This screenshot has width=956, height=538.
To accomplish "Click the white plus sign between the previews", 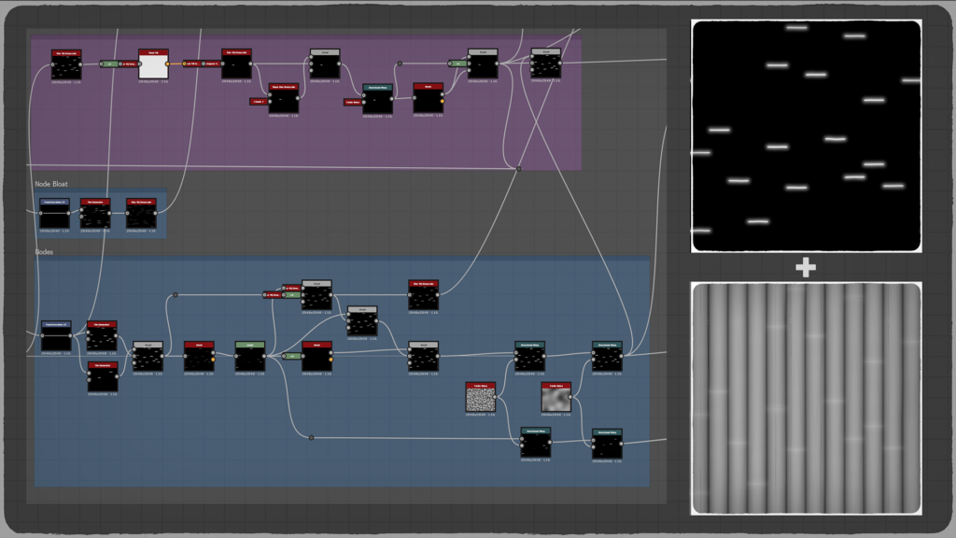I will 806,268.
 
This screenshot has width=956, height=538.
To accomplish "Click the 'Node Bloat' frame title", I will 51,184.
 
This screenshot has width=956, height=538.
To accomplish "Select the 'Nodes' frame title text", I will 45,252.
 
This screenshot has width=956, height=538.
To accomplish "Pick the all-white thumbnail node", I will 153,65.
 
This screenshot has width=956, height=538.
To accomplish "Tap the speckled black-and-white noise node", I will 480,399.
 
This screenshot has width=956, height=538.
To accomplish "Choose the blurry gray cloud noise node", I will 555,399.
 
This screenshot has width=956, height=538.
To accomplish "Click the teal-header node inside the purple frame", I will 377,100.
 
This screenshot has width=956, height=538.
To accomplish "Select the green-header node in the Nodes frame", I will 249,357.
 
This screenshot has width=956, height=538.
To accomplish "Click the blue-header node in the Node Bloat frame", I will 53,215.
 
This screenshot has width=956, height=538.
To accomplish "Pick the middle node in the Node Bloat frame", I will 95,215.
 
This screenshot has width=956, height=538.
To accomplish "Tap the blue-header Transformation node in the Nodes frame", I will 56,337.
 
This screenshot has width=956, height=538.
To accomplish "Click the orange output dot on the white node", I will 168,64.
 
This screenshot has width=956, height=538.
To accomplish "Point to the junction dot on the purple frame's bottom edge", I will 519,168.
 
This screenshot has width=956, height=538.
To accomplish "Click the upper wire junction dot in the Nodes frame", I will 175,295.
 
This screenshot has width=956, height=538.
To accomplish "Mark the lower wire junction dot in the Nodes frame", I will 311,437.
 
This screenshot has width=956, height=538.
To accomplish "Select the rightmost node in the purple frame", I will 546,64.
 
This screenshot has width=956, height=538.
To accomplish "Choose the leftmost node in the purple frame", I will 66,64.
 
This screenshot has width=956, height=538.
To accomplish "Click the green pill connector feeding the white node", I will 108,64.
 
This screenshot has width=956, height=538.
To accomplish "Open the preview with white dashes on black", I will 806,135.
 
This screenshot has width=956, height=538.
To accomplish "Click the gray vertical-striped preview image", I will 806,397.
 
